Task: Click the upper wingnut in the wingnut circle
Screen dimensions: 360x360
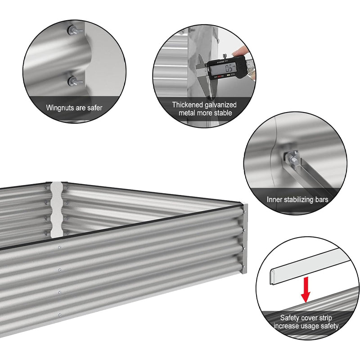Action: (x=75, y=30)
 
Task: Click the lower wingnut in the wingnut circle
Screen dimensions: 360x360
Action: (x=75, y=81)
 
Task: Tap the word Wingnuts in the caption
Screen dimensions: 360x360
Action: (x=60, y=108)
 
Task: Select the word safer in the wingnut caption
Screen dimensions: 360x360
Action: (x=94, y=108)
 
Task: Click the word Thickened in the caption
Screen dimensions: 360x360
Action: (x=187, y=105)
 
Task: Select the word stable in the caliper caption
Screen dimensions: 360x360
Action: (x=223, y=113)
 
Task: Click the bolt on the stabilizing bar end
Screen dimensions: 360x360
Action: (x=293, y=159)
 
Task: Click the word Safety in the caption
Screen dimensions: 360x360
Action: (x=290, y=318)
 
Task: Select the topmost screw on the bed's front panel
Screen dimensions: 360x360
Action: (x=60, y=247)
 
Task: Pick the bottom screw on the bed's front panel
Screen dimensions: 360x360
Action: (x=60, y=315)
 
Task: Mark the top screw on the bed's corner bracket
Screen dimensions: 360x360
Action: (x=245, y=212)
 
